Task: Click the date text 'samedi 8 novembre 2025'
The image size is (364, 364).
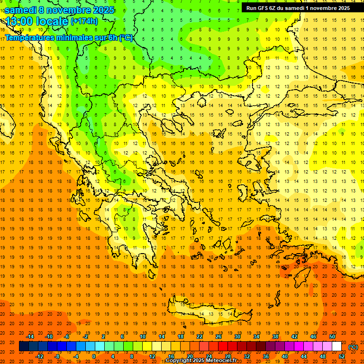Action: pyautogui.click(x=59, y=10)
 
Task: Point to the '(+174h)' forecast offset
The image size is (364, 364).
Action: pyautogui.click(x=84, y=21)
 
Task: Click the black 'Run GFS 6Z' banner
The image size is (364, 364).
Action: pyautogui.click(x=298, y=8)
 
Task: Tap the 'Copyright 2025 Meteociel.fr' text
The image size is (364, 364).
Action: pyautogui.click(x=201, y=361)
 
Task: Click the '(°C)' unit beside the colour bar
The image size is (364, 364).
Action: pyautogui.click(x=353, y=347)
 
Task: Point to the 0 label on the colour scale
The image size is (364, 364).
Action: pyautogui.click(x=94, y=356)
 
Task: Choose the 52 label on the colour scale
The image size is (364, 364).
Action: pyautogui.click(x=342, y=356)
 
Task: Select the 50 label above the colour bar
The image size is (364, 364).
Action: pyautogui.click(x=332, y=337)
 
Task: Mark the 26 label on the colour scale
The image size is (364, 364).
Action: pyautogui.click(x=218, y=337)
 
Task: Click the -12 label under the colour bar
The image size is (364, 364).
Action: pyautogui.click(x=40, y=356)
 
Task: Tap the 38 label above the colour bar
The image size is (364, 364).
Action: pyautogui.click(x=275, y=337)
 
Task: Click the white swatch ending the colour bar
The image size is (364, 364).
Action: pyautogui.click(x=337, y=346)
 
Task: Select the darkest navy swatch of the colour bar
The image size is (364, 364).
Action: pyautogui.click(x=24, y=346)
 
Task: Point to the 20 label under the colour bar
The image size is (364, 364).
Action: pyautogui.click(x=190, y=356)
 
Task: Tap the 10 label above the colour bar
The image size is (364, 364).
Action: pyautogui.click(x=142, y=337)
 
